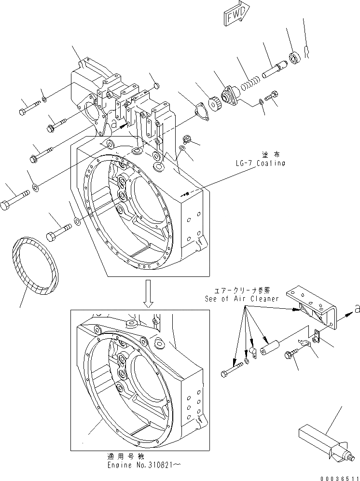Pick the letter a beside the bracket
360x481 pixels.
coord(356,310)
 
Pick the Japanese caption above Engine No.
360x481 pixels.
coord(129,456)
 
